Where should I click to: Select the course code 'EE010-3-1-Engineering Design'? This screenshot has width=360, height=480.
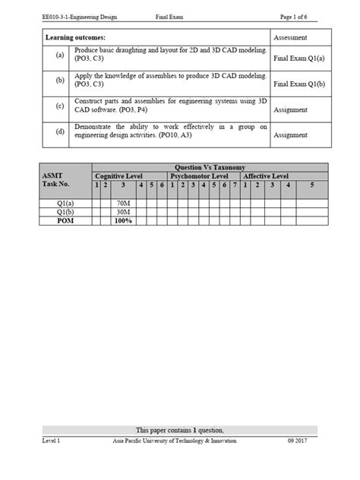click(x=84, y=16)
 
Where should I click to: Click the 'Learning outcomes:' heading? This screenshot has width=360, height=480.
click(x=75, y=36)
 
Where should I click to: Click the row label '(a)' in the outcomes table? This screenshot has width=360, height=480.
click(x=58, y=55)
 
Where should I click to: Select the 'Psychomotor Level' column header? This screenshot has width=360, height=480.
click(x=198, y=175)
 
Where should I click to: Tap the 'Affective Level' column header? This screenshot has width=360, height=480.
click(x=266, y=175)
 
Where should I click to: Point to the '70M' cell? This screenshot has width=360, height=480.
click(x=123, y=204)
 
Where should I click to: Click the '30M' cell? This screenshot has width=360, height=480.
click(x=123, y=212)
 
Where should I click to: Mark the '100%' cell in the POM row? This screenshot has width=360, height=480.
click(x=123, y=221)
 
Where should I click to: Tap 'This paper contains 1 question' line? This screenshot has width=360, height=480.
click(x=180, y=430)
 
